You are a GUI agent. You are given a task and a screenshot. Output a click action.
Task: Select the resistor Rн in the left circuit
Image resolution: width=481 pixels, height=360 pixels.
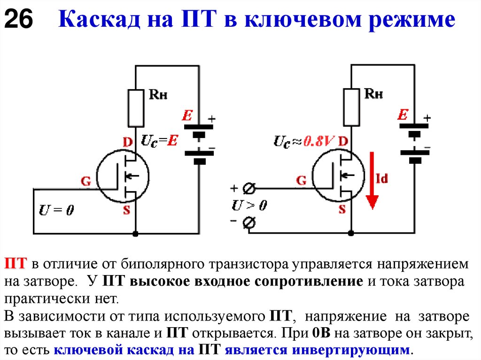(136, 108)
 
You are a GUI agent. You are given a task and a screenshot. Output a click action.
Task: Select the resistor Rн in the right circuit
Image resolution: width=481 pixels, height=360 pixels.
(351, 107)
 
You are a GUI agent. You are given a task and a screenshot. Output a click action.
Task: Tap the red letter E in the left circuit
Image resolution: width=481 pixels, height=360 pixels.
(187, 115)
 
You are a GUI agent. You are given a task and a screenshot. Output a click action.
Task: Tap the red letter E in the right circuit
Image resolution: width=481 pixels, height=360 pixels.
(403, 115)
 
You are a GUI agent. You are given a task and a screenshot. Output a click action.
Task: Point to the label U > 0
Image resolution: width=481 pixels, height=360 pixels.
(249, 206)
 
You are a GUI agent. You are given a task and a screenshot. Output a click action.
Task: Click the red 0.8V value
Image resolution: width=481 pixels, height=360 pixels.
(319, 141)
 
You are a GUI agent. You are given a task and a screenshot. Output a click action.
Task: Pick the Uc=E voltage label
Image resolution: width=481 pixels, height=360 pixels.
(160, 141)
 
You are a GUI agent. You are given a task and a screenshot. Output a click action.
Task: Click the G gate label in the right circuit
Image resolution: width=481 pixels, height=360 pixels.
(302, 180)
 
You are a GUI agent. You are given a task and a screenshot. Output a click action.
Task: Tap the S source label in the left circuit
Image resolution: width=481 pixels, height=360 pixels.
(126, 210)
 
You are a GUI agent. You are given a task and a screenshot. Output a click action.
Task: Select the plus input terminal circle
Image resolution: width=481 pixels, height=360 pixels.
(249, 189)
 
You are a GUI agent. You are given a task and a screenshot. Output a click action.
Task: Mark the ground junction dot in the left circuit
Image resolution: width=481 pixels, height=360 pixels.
(136, 233)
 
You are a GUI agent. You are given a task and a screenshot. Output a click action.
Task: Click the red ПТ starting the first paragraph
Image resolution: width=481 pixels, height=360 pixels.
(16, 263)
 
